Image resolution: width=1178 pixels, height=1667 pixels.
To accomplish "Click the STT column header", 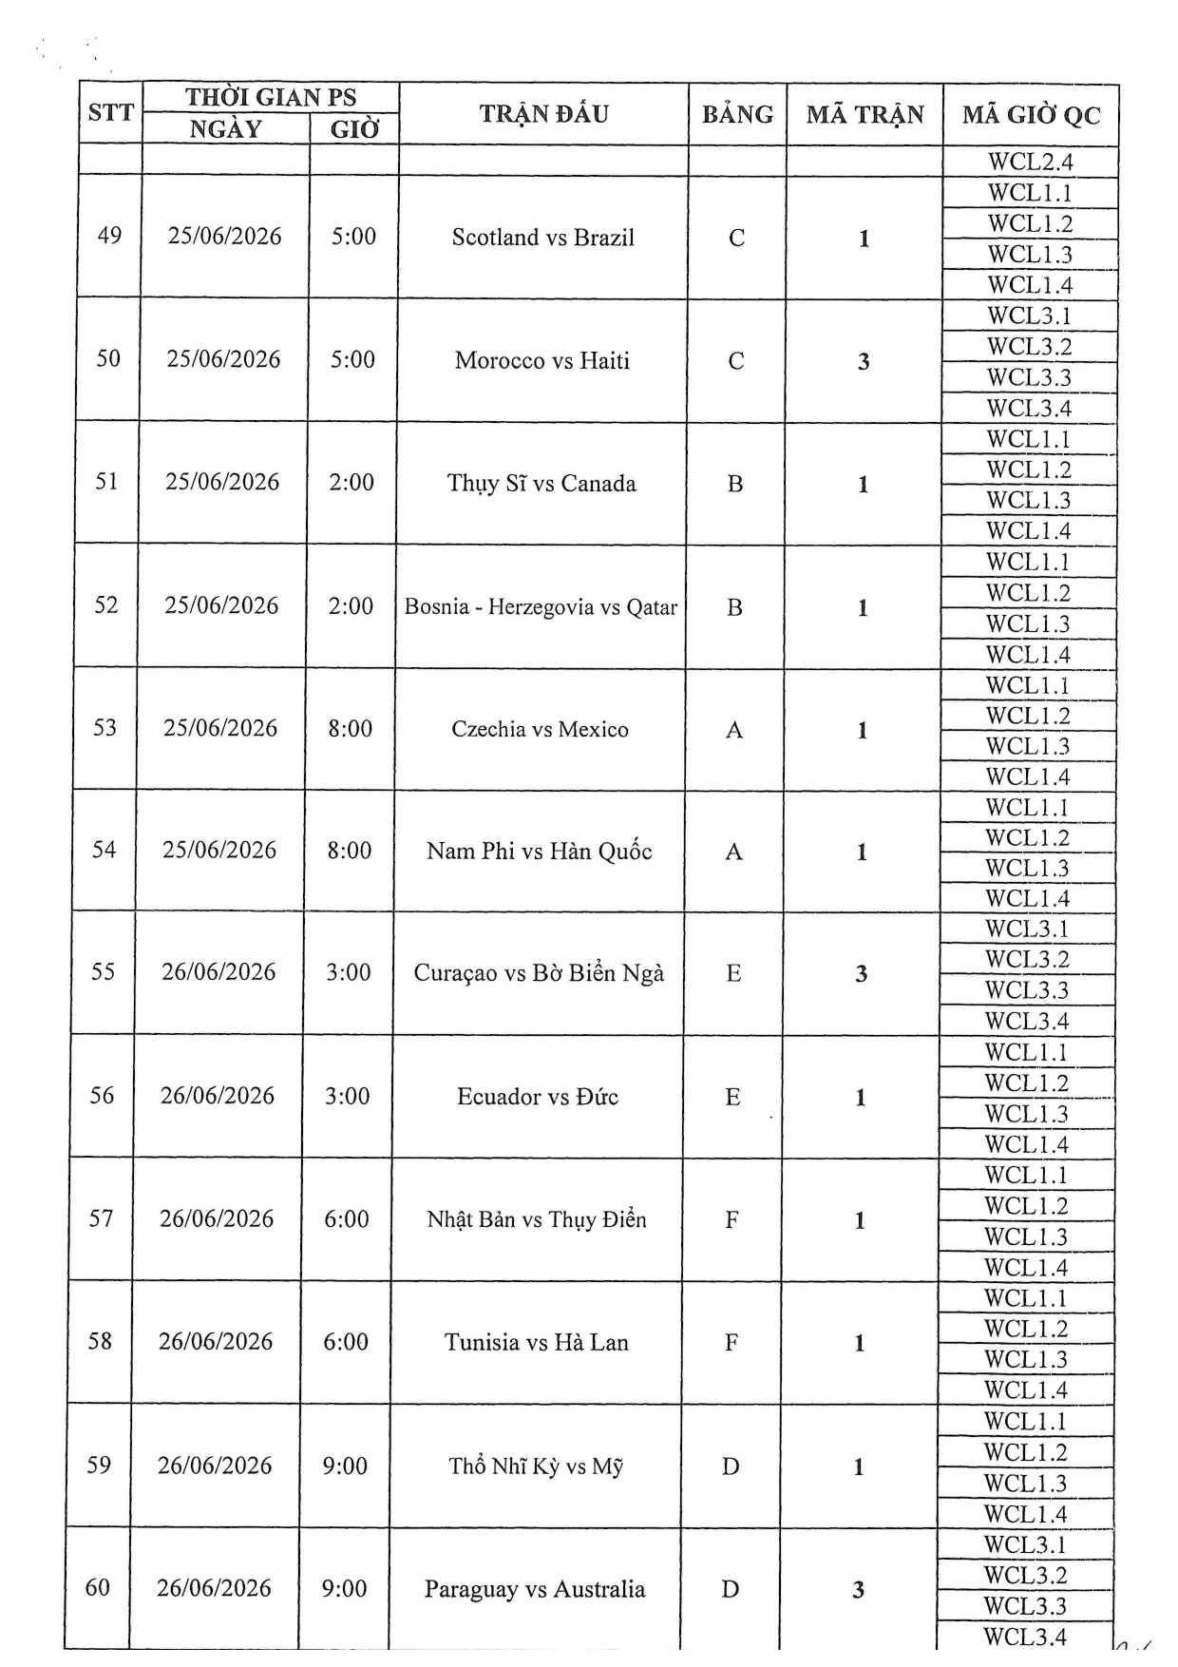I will (x=110, y=112).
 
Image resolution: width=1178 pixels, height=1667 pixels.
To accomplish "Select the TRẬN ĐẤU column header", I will (x=543, y=114).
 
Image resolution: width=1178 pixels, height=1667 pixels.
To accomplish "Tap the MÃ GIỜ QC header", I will (x=1031, y=115).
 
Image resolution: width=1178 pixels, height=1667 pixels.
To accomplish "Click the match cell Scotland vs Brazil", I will (x=542, y=238).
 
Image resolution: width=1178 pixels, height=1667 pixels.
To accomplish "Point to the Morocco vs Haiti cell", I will (x=541, y=360).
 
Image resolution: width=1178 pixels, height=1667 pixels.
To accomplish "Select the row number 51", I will (x=106, y=481).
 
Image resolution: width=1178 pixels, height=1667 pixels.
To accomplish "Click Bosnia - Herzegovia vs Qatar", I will (x=541, y=606).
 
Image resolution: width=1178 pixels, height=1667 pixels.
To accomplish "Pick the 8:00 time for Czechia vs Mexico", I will (x=350, y=728).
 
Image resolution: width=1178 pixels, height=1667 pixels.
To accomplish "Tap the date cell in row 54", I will (x=219, y=850).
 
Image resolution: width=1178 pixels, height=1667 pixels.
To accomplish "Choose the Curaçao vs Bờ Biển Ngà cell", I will (x=539, y=972).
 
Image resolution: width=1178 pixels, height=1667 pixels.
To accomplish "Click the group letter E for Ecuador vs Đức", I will (x=732, y=1097).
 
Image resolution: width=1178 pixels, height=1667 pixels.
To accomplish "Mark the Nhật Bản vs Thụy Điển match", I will (x=537, y=1219).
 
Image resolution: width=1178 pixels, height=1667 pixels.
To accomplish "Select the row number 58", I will (x=100, y=1341).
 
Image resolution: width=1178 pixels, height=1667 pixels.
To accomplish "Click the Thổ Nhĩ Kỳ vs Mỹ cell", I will (x=536, y=1466).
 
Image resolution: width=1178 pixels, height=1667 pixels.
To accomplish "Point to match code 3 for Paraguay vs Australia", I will (x=858, y=1589).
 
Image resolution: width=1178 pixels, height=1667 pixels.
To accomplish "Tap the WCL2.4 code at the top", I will (x=1030, y=162).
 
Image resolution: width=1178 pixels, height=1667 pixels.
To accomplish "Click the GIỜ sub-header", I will (x=354, y=129).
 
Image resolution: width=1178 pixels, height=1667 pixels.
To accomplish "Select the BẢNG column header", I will (x=737, y=114).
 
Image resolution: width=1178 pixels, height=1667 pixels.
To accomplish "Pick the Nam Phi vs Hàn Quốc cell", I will (x=539, y=851).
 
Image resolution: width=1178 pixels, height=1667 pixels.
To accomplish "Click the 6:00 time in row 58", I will (x=346, y=1341).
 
